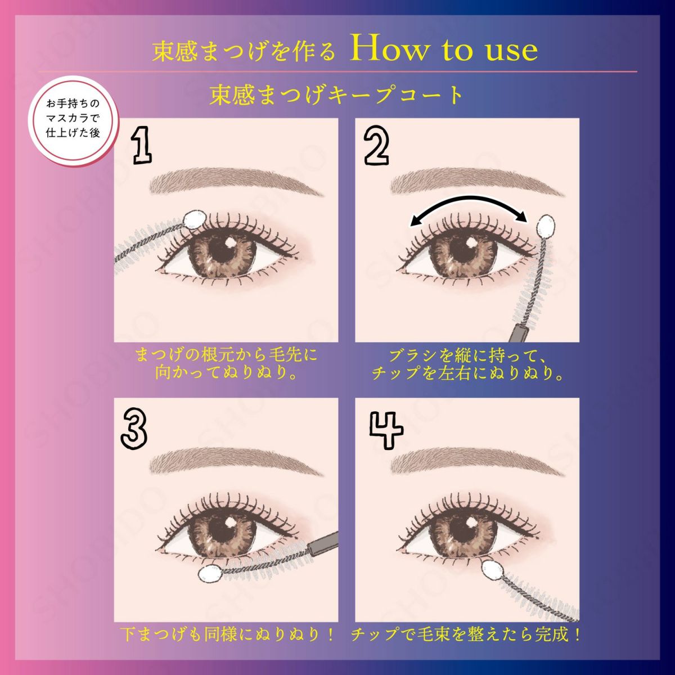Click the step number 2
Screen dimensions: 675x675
376,146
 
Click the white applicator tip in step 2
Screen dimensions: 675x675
546,226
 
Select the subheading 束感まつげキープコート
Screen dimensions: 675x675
336,94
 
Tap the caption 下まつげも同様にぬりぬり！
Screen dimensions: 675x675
228,635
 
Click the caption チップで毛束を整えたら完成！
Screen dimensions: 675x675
466,635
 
